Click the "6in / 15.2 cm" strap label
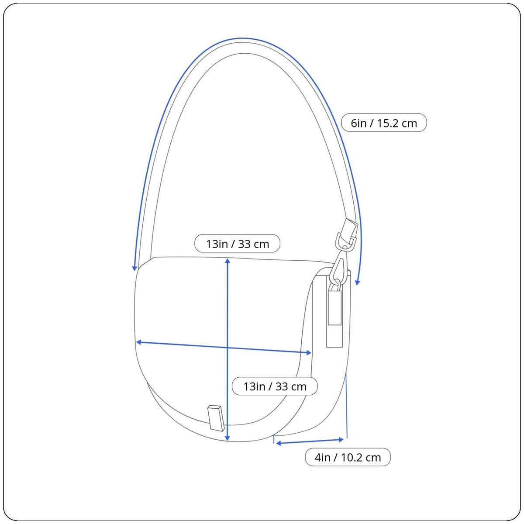click(x=384, y=123)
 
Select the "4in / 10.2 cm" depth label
click(x=348, y=457)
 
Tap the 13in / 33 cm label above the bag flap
click(x=237, y=244)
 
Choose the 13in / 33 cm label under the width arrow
click(x=275, y=386)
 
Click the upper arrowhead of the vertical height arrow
click(x=228, y=261)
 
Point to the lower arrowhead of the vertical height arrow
click(x=228, y=438)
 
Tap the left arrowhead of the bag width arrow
click(x=139, y=342)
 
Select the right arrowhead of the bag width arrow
click(x=309, y=353)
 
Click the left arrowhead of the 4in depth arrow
click(x=279, y=444)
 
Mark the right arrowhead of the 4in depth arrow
click(x=341, y=439)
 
